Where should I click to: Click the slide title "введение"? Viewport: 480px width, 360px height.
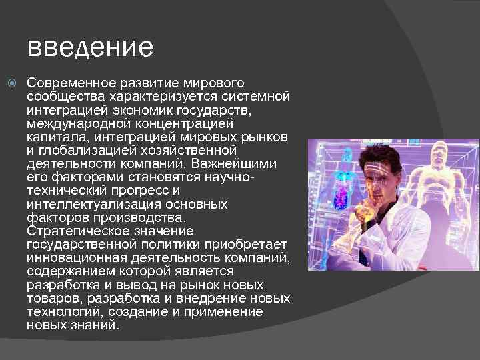click(90, 47)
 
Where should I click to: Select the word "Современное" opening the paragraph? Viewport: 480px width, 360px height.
click(68, 83)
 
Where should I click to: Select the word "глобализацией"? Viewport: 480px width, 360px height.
click(87, 151)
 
